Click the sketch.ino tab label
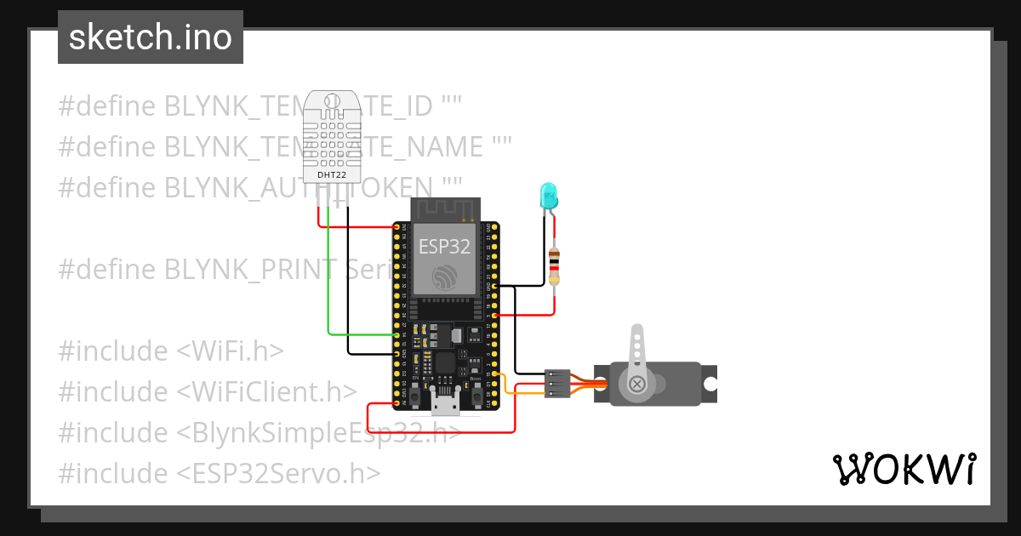click(x=150, y=37)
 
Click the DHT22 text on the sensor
click(x=331, y=174)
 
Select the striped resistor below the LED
click(x=555, y=265)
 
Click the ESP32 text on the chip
click(x=444, y=247)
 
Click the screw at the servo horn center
click(x=636, y=385)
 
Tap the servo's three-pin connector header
click(x=557, y=383)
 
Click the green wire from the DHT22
click(x=329, y=289)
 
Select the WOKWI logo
click(x=904, y=469)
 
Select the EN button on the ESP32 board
click(x=414, y=395)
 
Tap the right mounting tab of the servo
click(x=709, y=383)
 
